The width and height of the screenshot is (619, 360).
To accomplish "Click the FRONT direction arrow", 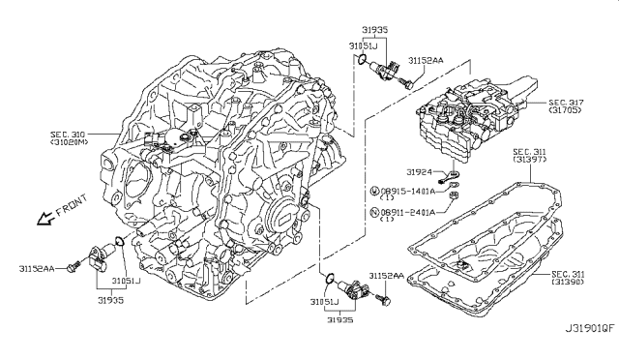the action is coord(44,219).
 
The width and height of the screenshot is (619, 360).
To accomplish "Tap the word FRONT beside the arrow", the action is coord(72,205).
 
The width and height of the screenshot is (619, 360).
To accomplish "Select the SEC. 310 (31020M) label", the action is coord(70,138).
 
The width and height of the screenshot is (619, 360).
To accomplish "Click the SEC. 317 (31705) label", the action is coord(565,106).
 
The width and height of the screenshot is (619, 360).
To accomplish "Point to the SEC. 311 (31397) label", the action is coord(529,155).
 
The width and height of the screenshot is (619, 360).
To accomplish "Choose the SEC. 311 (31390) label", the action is coord(568,278).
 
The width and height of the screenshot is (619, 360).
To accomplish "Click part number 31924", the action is coord(419,172).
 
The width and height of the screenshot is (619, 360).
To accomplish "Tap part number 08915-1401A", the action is coord(407,192).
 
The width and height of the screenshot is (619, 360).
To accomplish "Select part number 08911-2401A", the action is coord(407,212).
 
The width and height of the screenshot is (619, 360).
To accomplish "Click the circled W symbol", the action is coord(374,192).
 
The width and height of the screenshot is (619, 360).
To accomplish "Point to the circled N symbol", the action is coord(374,212).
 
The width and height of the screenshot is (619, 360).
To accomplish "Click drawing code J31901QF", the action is coord(590,328).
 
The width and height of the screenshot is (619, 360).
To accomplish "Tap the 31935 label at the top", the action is coord(374,29).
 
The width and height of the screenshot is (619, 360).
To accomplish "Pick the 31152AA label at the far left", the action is coord(37,269).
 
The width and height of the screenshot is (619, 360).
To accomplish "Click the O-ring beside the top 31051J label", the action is coord(362,60).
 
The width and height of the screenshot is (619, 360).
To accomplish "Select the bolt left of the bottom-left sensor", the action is coord(74,266).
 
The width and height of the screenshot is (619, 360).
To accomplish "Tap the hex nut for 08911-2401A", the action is coord(454,195).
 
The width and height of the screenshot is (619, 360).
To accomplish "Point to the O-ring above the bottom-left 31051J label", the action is coord(119,241).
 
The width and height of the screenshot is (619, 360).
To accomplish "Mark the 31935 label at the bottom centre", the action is coord(339,319).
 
